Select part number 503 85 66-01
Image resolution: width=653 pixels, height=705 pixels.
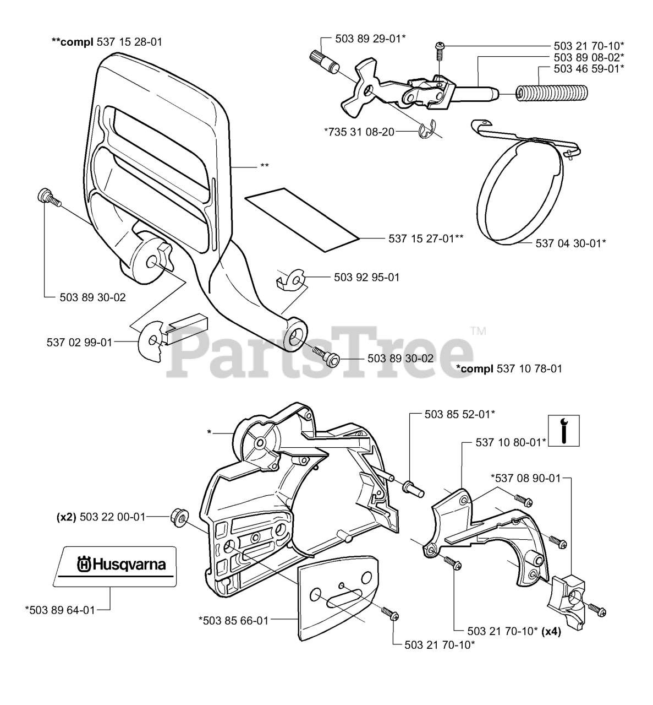pyautogui.click(x=233, y=620)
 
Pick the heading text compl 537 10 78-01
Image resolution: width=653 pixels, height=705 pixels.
pyautogui.click(x=509, y=368)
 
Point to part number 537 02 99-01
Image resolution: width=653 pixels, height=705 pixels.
pyautogui.click(x=79, y=342)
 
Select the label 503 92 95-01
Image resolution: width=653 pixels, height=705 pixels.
pyautogui.click(x=366, y=277)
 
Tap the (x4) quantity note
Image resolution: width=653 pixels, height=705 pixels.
pyautogui.click(x=550, y=632)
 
